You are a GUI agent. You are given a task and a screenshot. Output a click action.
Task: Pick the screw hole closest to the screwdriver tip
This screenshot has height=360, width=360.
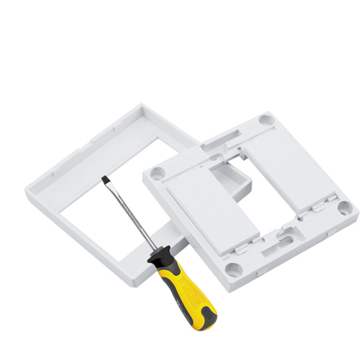tap(158, 173)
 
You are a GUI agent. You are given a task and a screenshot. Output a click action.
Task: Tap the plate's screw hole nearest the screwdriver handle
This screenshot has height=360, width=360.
tap(233, 269)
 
